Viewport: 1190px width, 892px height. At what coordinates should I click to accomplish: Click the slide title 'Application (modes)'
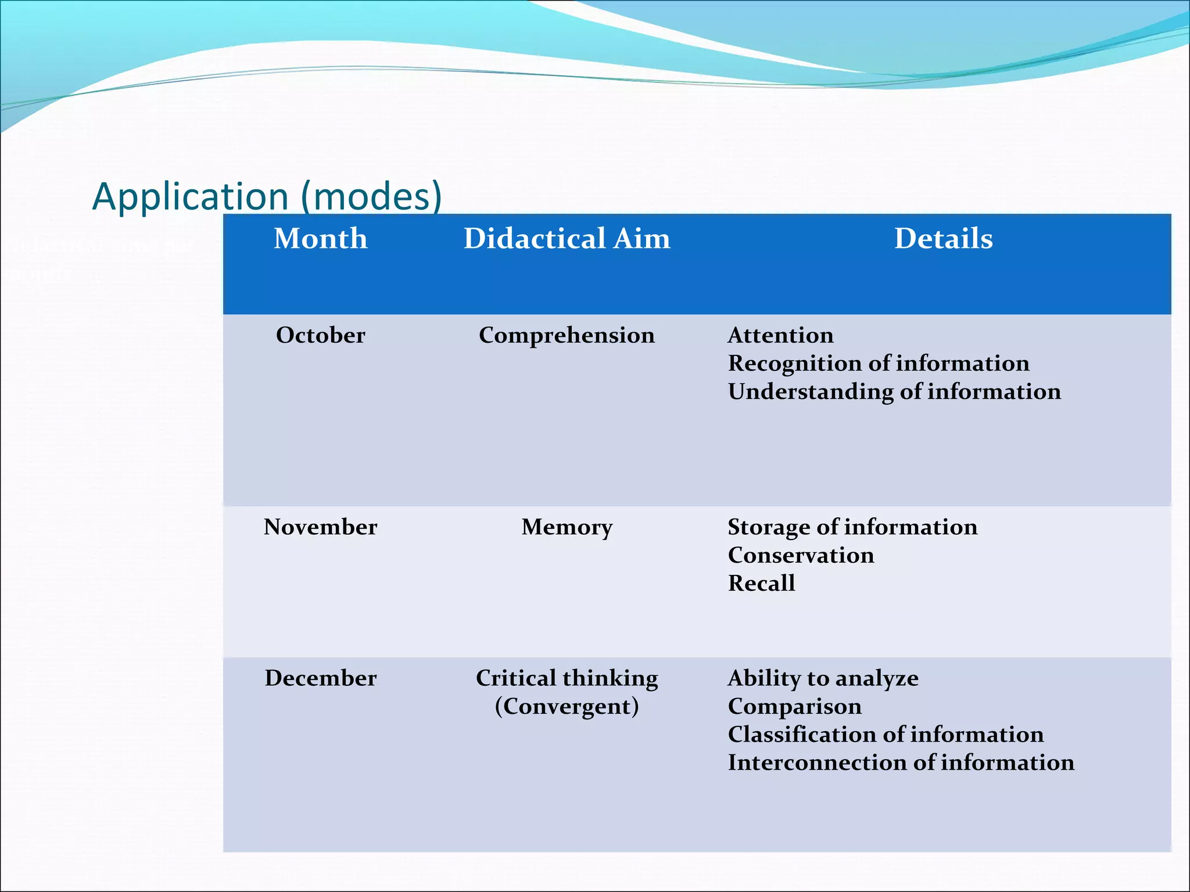(267, 196)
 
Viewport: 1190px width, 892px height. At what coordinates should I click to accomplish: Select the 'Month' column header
(321, 239)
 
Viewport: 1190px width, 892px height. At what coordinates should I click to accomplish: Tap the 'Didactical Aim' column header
(567, 239)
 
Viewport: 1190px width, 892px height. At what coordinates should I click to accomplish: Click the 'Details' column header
(944, 239)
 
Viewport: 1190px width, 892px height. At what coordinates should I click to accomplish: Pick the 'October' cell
(321, 335)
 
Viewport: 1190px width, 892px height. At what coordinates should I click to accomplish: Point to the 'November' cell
(321, 527)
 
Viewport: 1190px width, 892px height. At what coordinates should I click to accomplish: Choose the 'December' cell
(321, 678)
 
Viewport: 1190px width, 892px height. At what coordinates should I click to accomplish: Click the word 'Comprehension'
(567, 335)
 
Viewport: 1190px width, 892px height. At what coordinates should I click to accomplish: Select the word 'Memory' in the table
(567, 527)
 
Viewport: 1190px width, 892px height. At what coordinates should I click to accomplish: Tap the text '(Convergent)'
(567, 706)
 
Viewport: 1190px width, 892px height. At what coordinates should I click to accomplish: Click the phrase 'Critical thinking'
(567, 678)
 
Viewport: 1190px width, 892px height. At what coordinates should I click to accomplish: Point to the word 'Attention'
(780, 335)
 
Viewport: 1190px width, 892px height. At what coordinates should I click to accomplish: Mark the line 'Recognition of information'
(879, 363)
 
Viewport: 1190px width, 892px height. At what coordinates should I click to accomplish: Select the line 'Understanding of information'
(894, 391)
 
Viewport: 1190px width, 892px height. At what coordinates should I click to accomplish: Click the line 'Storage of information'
(852, 527)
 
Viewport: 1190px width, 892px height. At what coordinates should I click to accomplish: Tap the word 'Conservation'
(801, 555)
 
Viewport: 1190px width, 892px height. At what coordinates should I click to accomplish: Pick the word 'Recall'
(761, 583)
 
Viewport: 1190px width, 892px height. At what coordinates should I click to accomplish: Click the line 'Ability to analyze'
(823, 678)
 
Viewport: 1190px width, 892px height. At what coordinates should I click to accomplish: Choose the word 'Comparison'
(794, 706)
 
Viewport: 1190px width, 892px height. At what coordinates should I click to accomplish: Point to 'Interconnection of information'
(901, 762)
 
